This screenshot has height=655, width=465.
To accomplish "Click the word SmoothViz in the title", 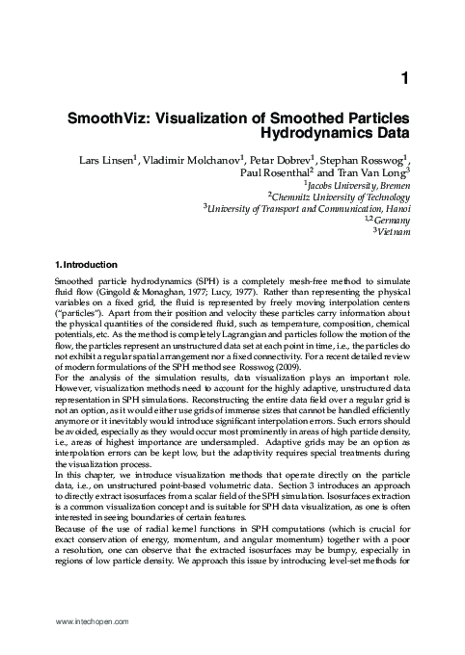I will click(x=106, y=116).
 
